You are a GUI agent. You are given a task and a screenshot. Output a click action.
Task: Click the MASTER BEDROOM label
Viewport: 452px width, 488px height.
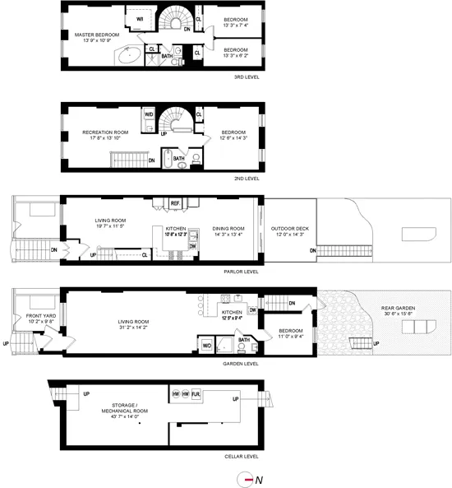pos(98,35)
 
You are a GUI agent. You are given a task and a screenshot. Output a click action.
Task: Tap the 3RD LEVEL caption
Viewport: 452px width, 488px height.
pos(247,79)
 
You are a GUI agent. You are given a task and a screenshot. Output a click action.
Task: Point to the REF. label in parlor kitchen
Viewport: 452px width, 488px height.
pos(175,202)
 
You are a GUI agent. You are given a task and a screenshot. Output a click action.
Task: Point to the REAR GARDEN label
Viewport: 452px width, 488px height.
pos(398,309)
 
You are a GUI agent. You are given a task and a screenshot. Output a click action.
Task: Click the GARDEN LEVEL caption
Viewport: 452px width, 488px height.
pos(245,363)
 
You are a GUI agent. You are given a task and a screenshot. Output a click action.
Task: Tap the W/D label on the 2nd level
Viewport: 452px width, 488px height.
pos(149,114)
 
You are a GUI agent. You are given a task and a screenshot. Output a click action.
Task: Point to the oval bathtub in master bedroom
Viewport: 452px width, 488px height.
pos(129,56)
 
